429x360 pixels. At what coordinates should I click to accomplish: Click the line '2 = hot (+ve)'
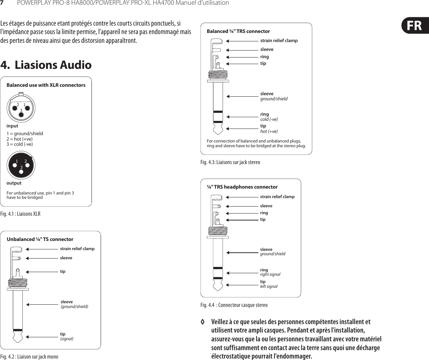(x=19, y=139)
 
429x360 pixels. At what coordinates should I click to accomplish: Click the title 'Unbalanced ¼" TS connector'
(x=40, y=239)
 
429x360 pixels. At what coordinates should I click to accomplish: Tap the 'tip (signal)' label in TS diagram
(x=67, y=336)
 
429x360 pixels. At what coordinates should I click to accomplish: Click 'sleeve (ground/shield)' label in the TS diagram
(x=74, y=304)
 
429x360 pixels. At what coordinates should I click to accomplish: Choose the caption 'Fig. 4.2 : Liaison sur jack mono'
(x=29, y=356)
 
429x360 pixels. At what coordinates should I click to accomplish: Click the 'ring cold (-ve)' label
(x=269, y=117)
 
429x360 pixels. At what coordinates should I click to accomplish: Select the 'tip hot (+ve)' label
(x=269, y=129)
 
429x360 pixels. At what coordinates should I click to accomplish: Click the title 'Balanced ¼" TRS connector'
(x=238, y=31)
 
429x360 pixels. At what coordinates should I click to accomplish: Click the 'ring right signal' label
(x=270, y=272)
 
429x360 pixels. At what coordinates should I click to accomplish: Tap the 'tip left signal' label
(x=269, y=284)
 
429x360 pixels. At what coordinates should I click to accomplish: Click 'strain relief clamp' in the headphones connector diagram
(x=277, y=197)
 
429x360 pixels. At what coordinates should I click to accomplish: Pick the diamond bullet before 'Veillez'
(x=202, y=322)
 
